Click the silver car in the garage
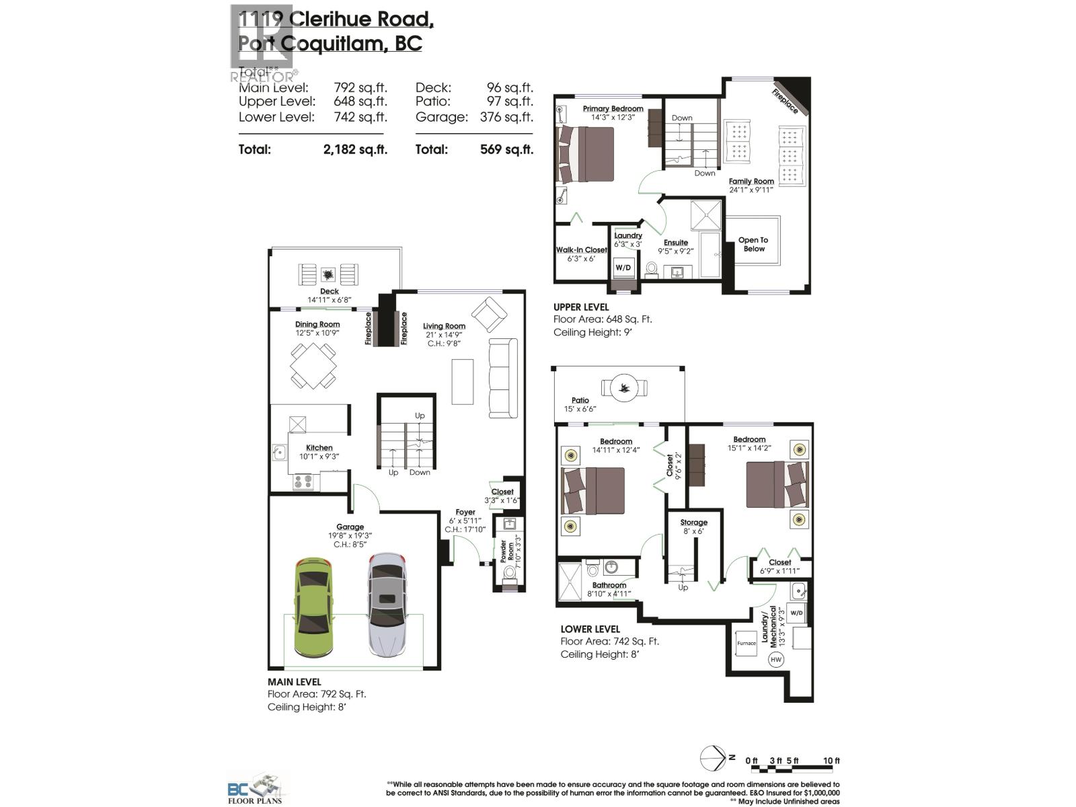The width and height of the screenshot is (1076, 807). pyautogui.click(x=387, y=605)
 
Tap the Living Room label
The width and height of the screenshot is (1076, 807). pyautogui.click(x=444, y=326)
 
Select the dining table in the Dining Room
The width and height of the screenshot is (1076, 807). pyautogui.click(x=314, y=366)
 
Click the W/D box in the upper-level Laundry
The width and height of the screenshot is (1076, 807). pyautogui.click(x=623, y=268)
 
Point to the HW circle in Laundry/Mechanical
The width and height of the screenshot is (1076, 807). pyautogui.click(x=776, y=659)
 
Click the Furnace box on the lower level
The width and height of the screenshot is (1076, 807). pyautogui.click(x=746, y=643)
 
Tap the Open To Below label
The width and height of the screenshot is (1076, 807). pyautogui.click(x=753, y=244)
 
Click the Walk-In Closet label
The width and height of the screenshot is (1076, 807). pyautogui.click(x=581, y=249)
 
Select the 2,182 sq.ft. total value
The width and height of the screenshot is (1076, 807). pyautogui.click(x=355, y=149)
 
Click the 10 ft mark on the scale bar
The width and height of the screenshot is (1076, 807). pyautogui.click(x=831, y=761)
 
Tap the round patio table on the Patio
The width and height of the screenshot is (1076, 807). pyautogui.click(x=625, y=387)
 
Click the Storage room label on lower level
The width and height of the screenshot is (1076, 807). pyautogui.click(x=693, y=522)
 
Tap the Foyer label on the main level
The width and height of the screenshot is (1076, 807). pyautogui.click(x=465, y=512)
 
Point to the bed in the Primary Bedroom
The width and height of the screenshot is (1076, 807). pyautogui.click(x=585, y=154)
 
